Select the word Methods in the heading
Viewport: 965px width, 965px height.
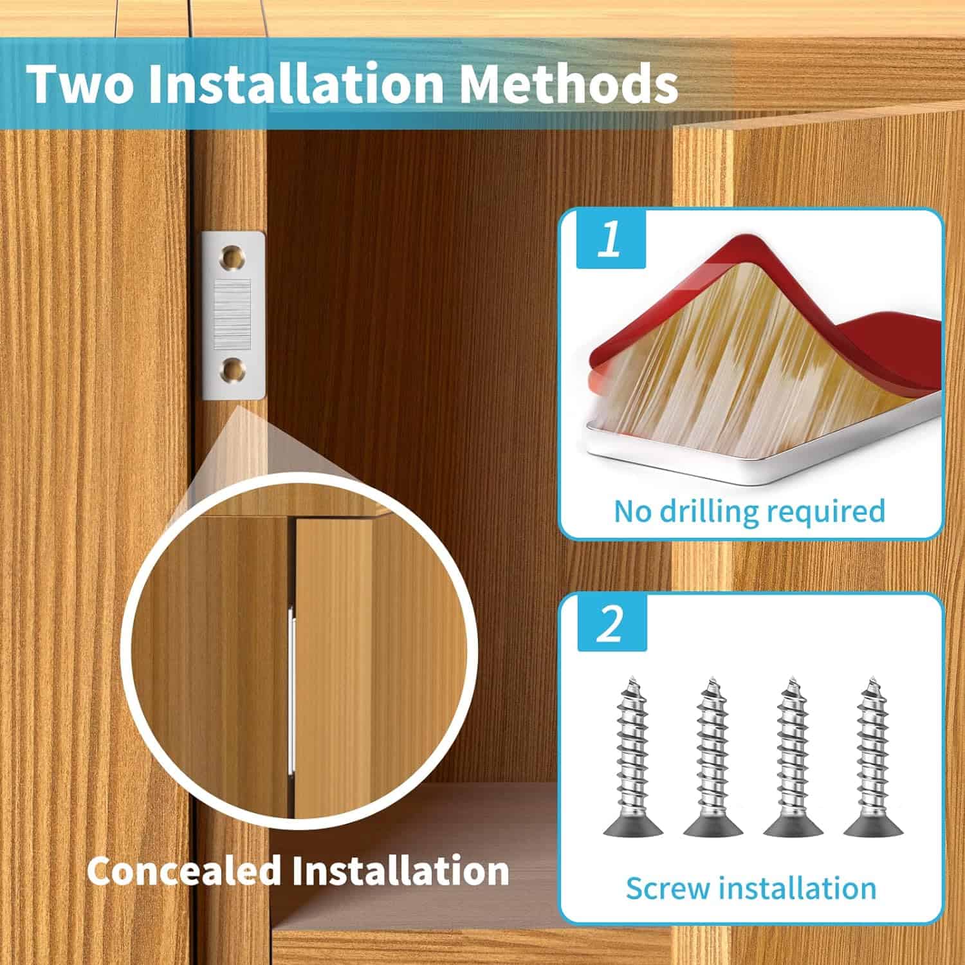point(569,84)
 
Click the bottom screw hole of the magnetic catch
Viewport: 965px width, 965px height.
point(233,370)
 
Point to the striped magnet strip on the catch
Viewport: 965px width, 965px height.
point(232,313)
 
